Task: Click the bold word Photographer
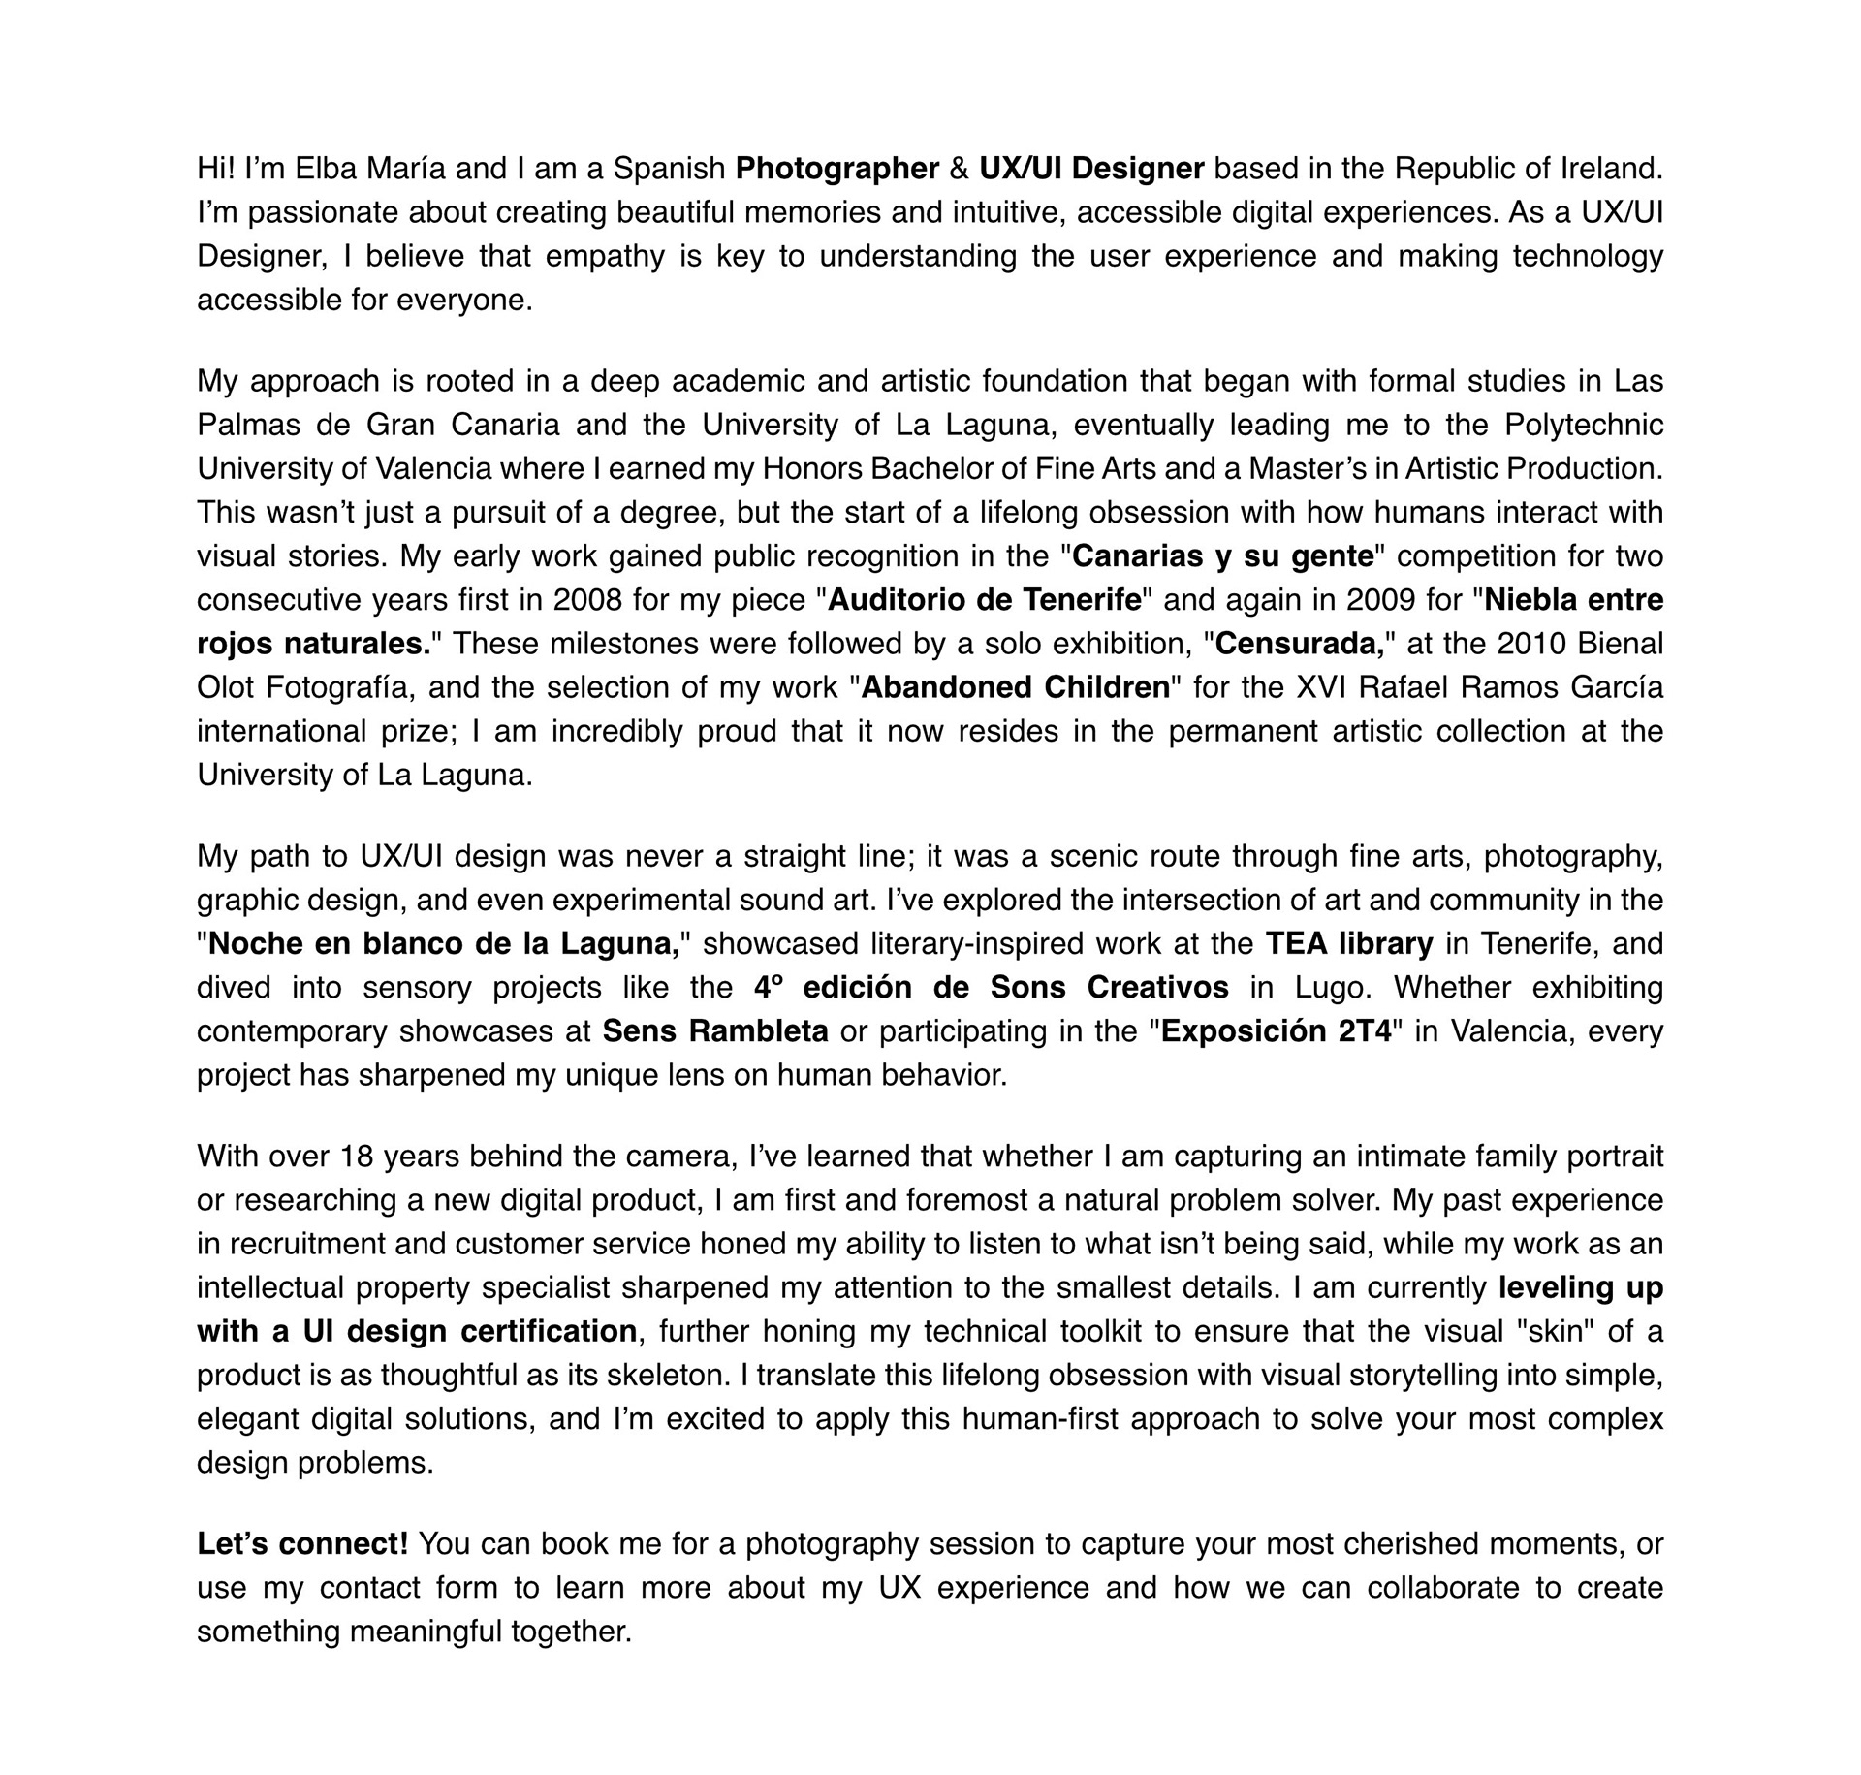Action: (x=837, y=169)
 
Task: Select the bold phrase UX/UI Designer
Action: (x=1091, y=169)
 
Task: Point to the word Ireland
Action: (x=1611, y=169)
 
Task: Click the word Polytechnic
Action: (x=1584, y=425)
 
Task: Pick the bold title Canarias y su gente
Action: (x=1223, y=556)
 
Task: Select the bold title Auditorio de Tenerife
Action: (x=985, y=600)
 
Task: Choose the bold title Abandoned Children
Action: (x=1016, y=687)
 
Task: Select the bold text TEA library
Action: (x=1349, y=943)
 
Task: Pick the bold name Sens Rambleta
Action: (x=715, y=1030)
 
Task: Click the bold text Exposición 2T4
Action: (x=1277, y=1030)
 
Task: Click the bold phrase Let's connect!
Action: (x=302, y=1543)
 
